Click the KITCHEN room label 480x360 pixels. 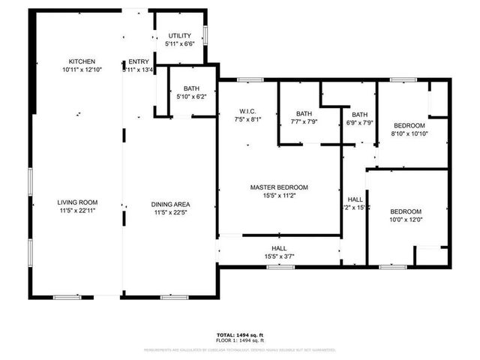click(82, 61)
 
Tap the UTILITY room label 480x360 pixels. click(179, 36)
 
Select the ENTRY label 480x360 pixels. click(139, 61)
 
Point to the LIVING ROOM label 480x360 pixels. click(78, 202)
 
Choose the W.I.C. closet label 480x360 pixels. click(247, 111)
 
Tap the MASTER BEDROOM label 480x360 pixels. click(279, 187)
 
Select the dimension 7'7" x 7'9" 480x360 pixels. click(304, 121)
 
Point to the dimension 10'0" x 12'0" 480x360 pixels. click(406, 220)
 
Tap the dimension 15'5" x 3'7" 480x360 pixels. click(279, 256)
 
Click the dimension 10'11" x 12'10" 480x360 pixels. click(82, 70)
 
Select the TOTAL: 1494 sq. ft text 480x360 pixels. click(240, 335)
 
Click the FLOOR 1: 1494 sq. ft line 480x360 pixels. click(240, 341)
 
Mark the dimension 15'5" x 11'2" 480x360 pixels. click(279, 196)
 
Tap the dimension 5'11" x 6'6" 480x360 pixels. click(179, 44)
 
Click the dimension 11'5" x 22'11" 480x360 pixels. click(78, 211)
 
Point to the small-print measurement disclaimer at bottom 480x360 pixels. click(240, 349)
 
